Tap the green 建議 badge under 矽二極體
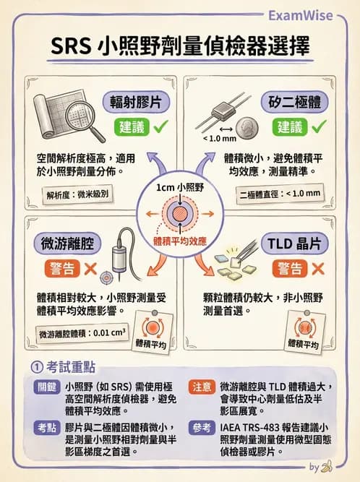click(290, 127)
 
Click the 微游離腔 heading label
click(66, 244)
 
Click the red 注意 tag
click(200, 387)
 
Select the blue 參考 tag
click(200, 429)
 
